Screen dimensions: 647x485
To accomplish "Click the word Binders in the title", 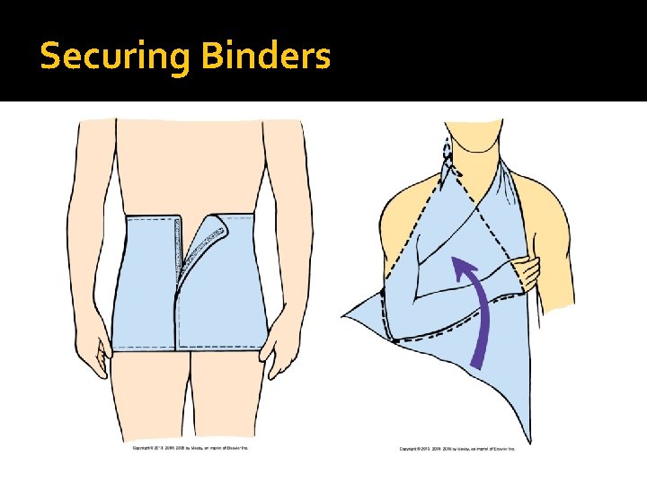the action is pyautogui.click(x=266, y=57).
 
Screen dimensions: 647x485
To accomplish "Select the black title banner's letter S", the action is pyautogui.click(x=50, y=57).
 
